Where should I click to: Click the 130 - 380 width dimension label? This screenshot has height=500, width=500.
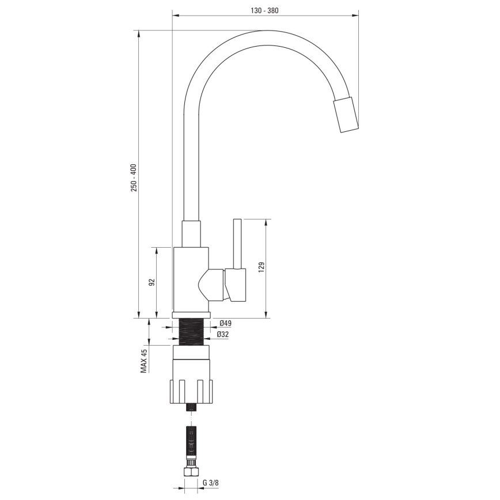pyautogui.click(x=266, y=10)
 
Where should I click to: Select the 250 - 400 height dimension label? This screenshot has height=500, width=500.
pyautogui.click(x=134, y=178)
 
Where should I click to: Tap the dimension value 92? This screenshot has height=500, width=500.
pyautogui.click(x=152, y=282)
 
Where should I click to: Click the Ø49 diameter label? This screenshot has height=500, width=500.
pyautogui.click(x=225, y=323)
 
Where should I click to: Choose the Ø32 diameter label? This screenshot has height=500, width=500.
pyautogui.click(x=223, y=334)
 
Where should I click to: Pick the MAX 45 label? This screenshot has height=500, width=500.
pyautogui.click(x=145, y=361)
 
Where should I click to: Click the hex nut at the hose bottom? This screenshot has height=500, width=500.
pyautogui.click(x=190, y=472)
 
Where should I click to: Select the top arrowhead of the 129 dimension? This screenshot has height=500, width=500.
pyautogui.click(x=266, y=221)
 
